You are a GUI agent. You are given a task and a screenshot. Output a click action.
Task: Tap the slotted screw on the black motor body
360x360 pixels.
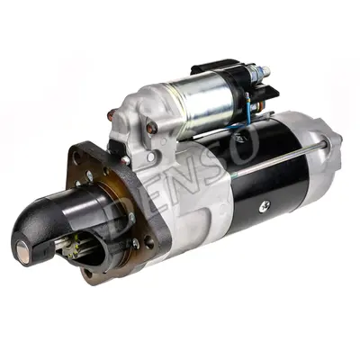pos(264,206)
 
